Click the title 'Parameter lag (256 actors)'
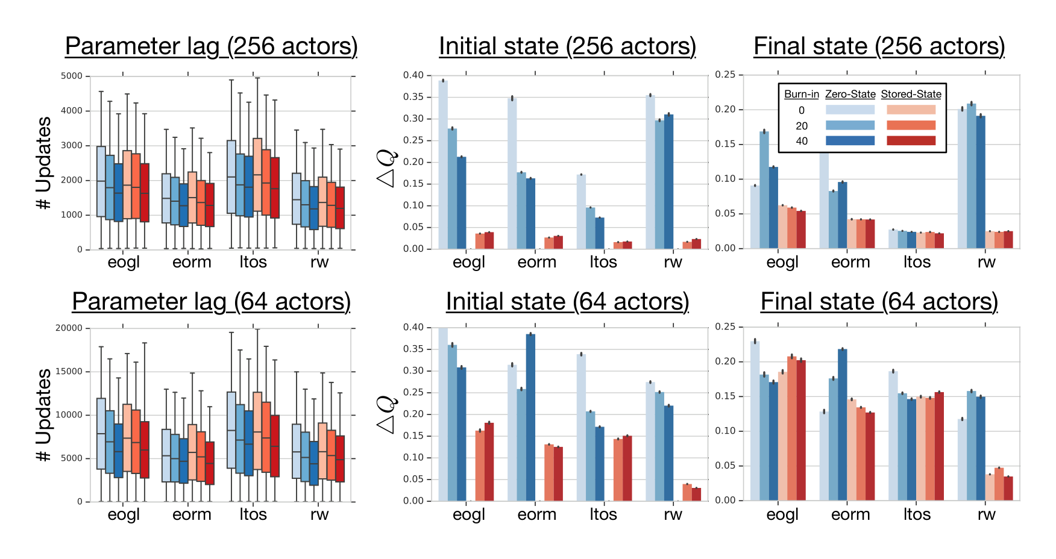click(x=211, y=46)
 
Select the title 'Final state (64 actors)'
click(x=879, y=302)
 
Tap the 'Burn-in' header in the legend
click(x=801, y=94)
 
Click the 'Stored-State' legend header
click(x=911, y=94)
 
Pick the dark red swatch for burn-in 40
click(x=911, y=140)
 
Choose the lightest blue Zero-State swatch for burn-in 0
click(x=850, y=110)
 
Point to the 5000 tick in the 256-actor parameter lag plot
click(x=71, y=76)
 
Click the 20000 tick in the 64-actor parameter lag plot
click(x=69, y=328)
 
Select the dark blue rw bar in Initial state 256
click(x=669, y=181)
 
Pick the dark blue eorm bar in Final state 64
click(x=842, y=425)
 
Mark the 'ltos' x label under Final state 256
click(x=917, y=262)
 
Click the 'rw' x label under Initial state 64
click(x=673, y=514)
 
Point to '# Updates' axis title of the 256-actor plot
click(x=44, y=163)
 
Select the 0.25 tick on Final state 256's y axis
click(x=725, y=75)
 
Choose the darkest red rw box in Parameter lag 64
click(x=340, y=459)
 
